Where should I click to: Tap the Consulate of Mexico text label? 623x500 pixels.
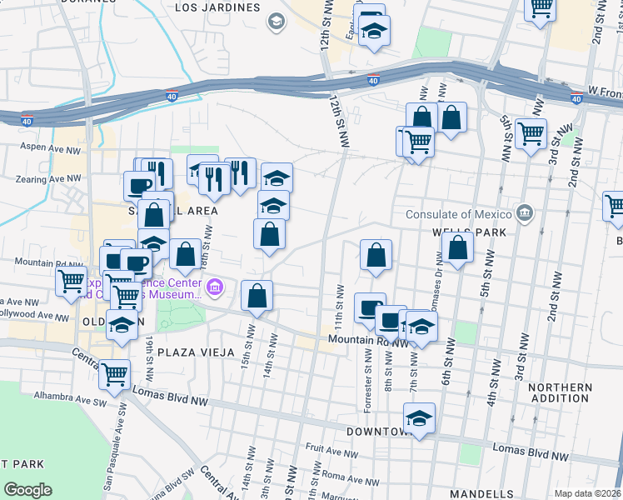click(457, 213)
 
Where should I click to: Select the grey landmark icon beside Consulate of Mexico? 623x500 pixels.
click(523, 212)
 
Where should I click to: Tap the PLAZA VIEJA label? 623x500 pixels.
click(189, 352)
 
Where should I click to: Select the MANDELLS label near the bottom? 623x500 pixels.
click(482, 493)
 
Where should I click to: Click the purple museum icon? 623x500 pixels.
click(215, 288)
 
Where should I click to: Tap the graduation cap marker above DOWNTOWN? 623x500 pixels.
click(420, 418)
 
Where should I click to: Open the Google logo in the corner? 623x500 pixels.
click(27, 490)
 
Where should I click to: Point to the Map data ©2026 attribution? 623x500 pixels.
click(587, 493)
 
